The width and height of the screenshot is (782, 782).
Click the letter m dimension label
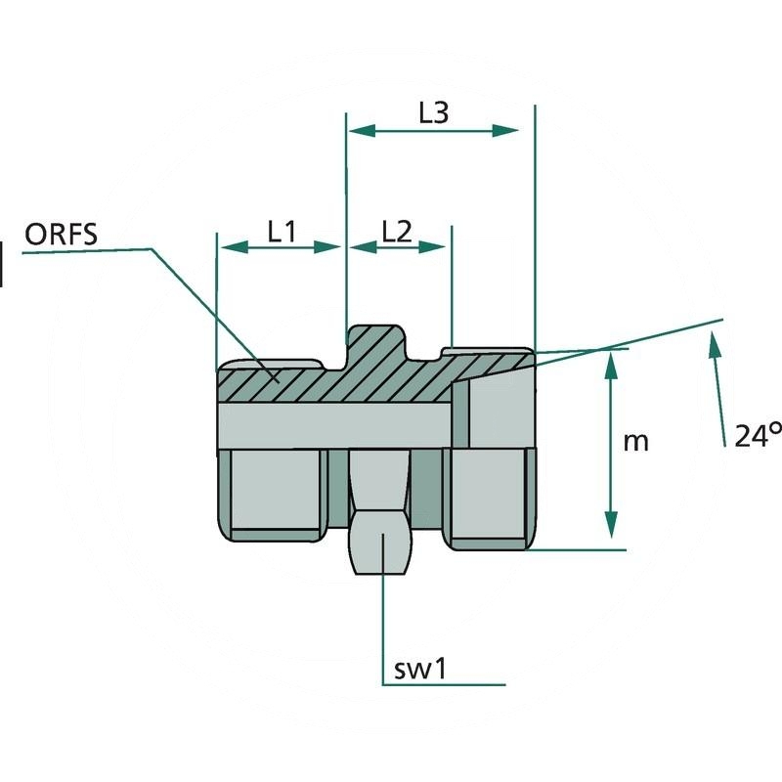click(636, 441)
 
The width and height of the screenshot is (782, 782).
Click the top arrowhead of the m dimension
click(612, 362)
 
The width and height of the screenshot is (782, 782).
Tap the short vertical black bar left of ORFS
click(2, 265)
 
